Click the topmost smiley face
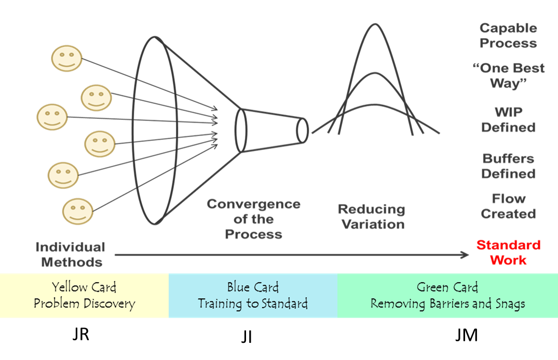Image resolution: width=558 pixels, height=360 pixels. coord(67,58)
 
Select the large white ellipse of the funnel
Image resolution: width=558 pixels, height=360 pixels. coord(155,130)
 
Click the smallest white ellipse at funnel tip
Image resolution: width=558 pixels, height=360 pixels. coord(303,130)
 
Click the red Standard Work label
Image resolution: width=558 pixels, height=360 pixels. coord(509,252)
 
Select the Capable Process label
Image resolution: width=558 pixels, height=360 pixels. coord(508,35)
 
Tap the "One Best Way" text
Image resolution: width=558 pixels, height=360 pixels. coord(509,75)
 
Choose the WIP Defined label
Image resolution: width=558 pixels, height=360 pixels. coord(508,119)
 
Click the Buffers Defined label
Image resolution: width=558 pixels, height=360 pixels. coord(508,166)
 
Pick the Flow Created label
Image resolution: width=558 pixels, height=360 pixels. coord(508,206)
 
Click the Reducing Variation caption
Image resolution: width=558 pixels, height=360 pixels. coord(371,217)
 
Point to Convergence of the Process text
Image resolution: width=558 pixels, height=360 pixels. coord(253,219)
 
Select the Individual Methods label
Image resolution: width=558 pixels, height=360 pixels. coord(71,255)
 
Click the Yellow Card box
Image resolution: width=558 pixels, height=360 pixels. coord(84,296)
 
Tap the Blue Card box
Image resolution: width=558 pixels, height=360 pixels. coord(253,296)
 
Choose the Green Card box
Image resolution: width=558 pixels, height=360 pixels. coord(447,296)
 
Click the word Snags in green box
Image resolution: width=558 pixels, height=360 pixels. coord(509,303)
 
